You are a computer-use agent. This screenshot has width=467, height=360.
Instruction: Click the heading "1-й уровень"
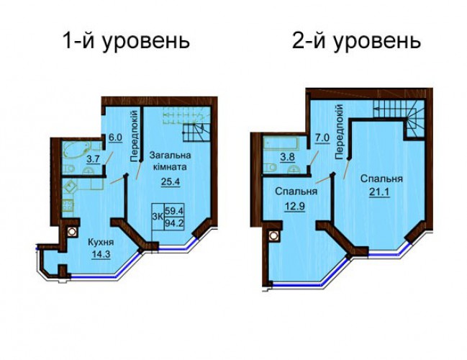coord(126,41)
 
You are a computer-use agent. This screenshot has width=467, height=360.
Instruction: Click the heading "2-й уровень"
coord(356,41)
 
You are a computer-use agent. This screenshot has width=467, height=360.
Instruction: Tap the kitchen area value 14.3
coord(101,255)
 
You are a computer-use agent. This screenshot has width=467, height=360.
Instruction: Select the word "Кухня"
coord(101,243)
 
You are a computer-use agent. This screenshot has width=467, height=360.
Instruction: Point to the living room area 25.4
coord(171,181)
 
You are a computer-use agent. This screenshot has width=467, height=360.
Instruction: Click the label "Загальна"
coord(170,155)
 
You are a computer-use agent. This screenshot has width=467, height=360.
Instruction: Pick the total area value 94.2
coord(175,223)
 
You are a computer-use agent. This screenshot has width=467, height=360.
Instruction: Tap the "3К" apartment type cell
coord(158,217)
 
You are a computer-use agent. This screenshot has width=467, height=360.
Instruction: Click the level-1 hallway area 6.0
coord(115,138)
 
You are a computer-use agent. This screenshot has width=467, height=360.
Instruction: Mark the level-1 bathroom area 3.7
coord(93,159)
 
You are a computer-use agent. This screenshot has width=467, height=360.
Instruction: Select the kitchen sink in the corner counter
coord(71,187)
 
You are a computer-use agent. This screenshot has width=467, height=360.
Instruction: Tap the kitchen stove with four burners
coord(68,205)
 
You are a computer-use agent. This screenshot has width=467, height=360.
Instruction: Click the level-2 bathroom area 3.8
coord(288,157)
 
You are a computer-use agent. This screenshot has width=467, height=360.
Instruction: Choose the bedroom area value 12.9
coord(296,206)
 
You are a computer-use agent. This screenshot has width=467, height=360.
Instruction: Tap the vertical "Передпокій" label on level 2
coord(339,132)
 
